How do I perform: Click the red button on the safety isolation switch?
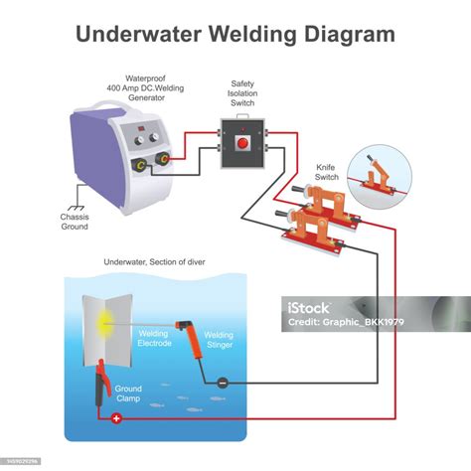pos(242,143)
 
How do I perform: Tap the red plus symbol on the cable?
pos(116,418)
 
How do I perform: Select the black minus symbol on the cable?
pos(223,383)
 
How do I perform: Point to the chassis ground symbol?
pos(77,208)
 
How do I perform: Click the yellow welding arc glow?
pos(104,323)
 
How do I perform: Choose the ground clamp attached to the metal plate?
pos(102,383)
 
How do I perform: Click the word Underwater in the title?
pos(138,34)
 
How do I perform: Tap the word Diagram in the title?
pos(350,35)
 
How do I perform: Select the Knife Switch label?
pos(326,172)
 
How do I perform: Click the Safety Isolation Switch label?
pos(242,93)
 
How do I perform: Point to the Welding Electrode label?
pos(154,338)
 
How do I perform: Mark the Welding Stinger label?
pos(219,340)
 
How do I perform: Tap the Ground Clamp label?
pos(128,393)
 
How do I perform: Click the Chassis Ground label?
pos(75,222)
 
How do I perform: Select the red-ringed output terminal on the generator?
pos(163,159)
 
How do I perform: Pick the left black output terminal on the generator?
pos(139,165)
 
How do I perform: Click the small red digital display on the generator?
pos(141,128)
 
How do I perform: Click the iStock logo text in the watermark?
pos(308,308)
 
